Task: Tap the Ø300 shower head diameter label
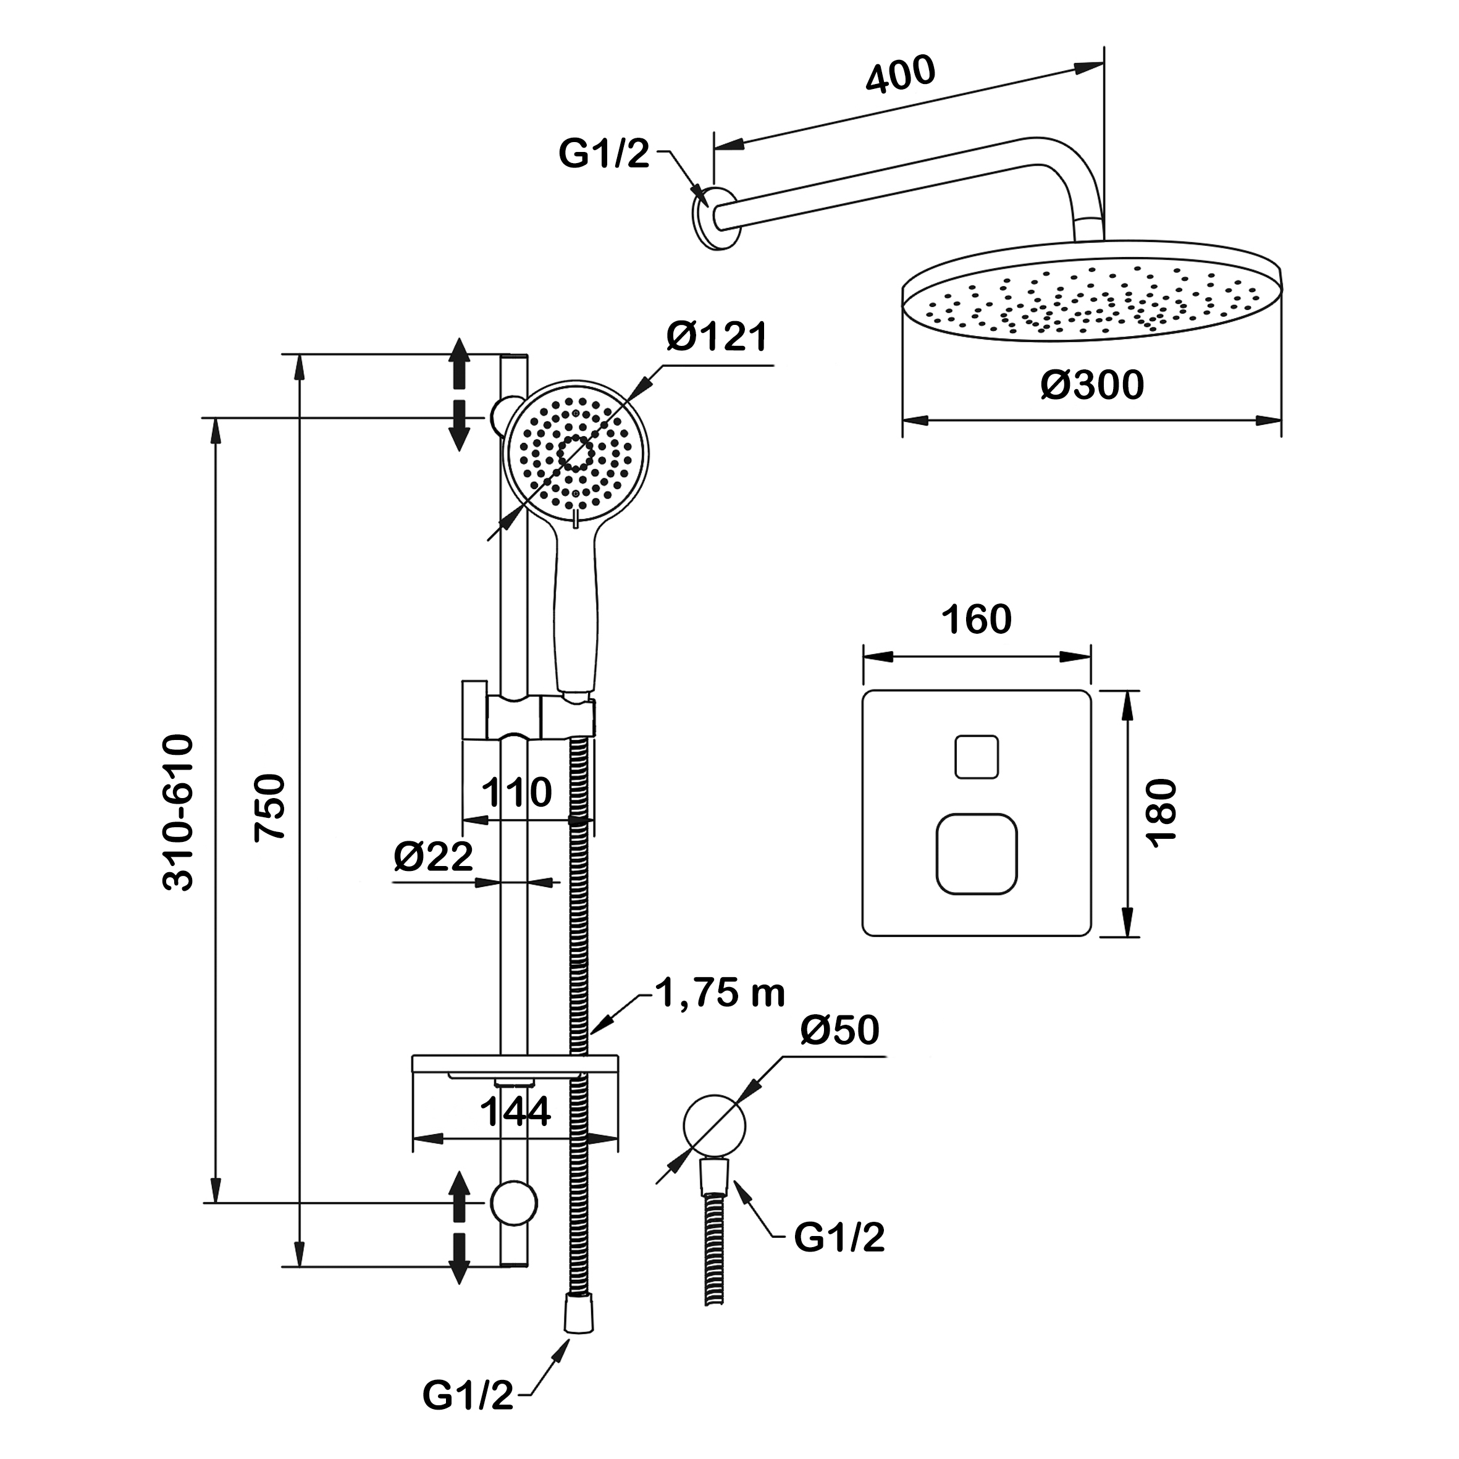(1092, 385)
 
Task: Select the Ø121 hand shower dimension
(717, 337)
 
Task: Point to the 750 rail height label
(269, 807)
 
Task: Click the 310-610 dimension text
(179, 812)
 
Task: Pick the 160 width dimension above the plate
(976, 621)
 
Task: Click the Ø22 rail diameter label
(433, 856)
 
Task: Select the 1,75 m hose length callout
(720, 993)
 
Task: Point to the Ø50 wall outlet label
(839, 1030)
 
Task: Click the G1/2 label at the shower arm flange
(603, 154)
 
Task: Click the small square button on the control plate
(977, 756)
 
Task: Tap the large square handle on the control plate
(977, 854)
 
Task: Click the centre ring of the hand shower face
(576, 453)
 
